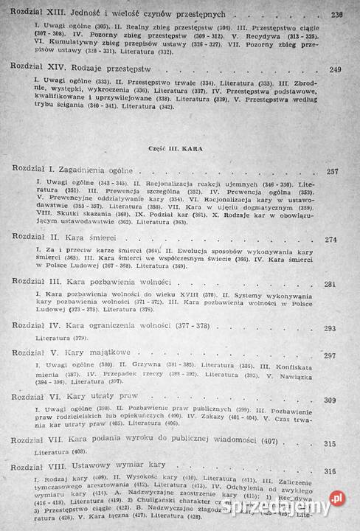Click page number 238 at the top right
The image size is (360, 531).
(x=336, y=14)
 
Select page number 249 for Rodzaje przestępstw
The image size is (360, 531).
(x=336, y=70)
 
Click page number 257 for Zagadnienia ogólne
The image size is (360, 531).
(x=332, y=172)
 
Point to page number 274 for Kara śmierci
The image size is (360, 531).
(x=331, y=240)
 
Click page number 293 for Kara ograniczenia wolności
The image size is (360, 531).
(x=329, y=328)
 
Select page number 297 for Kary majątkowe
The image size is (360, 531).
(x=329, y=355)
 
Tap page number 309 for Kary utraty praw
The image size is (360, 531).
(x=330, y=400)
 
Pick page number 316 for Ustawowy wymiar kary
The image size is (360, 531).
(x=330, y=471)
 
